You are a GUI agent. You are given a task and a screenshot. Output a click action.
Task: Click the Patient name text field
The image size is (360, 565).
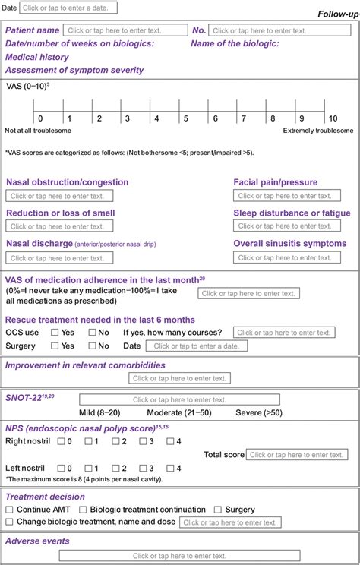pyautogui.click(x=125, y=30)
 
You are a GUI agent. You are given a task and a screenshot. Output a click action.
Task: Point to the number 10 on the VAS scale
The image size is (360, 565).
pyautogui.click(x=332, y=118)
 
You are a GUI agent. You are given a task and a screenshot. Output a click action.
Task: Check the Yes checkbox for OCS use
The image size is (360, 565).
pyautogui.click(x=55, y=333)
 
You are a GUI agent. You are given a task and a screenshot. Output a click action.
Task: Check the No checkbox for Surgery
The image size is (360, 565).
pyautogui.click(x=93, y=346)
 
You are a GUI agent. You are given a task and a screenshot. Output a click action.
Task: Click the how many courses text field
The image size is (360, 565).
pyautogui.click(x=283, y=333)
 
